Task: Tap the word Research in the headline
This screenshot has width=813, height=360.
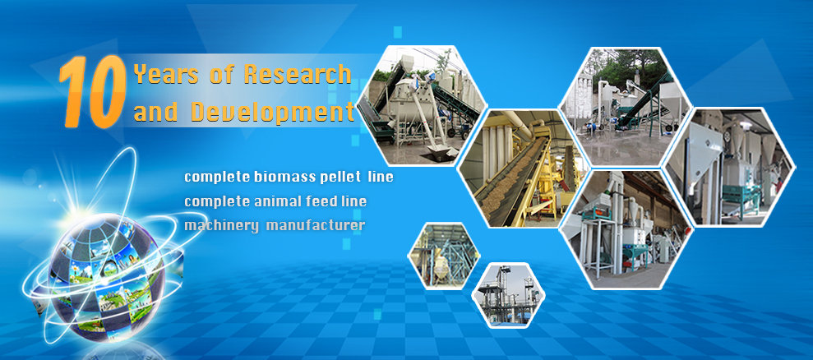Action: coord(298,74)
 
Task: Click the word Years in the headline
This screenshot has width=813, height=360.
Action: coord(166,74)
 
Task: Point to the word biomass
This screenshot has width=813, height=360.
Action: coord(281,177)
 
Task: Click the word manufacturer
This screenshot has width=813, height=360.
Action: coord(316,226)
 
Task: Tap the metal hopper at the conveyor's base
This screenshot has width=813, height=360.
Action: coord(442,152)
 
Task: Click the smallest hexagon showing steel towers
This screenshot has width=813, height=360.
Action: coord(508,295)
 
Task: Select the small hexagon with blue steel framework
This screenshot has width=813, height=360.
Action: coord(444,256)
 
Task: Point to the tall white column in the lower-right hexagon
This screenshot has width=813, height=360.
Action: coord(617,223)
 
